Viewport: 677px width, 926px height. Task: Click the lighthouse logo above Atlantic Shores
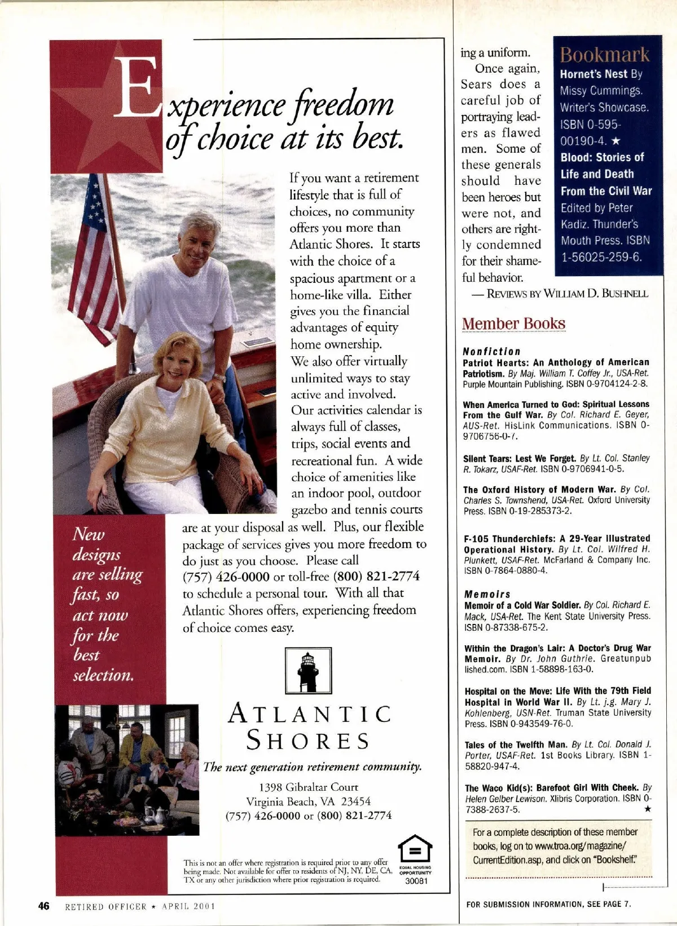(307, 671)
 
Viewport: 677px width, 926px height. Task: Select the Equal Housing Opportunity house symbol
(415, 849)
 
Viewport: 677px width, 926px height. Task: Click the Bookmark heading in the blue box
(604, 55)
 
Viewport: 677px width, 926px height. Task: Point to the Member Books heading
(513, 324)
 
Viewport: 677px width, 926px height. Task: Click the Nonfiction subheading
(491, 351)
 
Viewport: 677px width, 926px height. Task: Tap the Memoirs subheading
(487, 594)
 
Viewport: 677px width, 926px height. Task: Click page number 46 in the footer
(43, 906)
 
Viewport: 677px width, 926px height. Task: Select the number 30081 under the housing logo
(416, 881)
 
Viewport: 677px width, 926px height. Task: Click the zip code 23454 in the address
(356, 801)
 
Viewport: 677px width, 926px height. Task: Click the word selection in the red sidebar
(103, 675)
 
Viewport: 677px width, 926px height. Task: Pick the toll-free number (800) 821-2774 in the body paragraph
(376, 576)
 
